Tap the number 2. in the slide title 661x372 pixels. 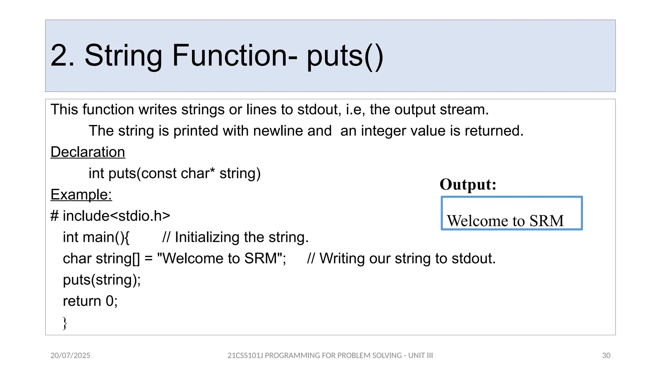tap(63, 56)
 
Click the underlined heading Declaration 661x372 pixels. tap(88, 152)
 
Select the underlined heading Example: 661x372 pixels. tap(81, 195)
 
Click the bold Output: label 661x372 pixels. tap(468, 185)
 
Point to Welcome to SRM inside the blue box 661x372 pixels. tap(505, 221)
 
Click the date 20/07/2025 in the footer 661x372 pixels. tap(70, 356)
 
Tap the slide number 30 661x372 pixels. tap(606, 356)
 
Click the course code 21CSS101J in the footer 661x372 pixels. tap(245, 356)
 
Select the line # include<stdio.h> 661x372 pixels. tap(110, 216)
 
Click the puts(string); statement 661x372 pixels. tap(102, 280)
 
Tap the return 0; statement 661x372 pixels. tap(90, 301)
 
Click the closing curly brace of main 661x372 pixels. tap(65, 323)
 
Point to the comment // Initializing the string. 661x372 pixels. tap(236, 237)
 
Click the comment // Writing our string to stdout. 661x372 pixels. tap(401, 259)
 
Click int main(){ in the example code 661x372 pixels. tap(96, 237)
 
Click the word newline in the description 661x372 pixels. tap(292, 131)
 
